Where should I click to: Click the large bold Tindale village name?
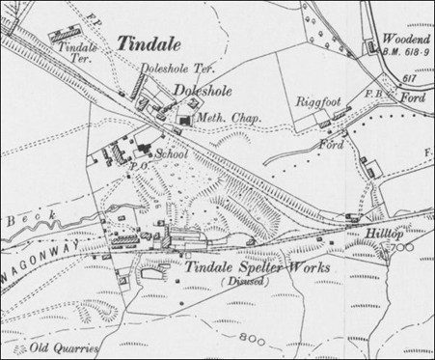pos(146,42)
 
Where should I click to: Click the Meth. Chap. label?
pos(223,119)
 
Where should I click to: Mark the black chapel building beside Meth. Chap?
pos(184,119)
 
